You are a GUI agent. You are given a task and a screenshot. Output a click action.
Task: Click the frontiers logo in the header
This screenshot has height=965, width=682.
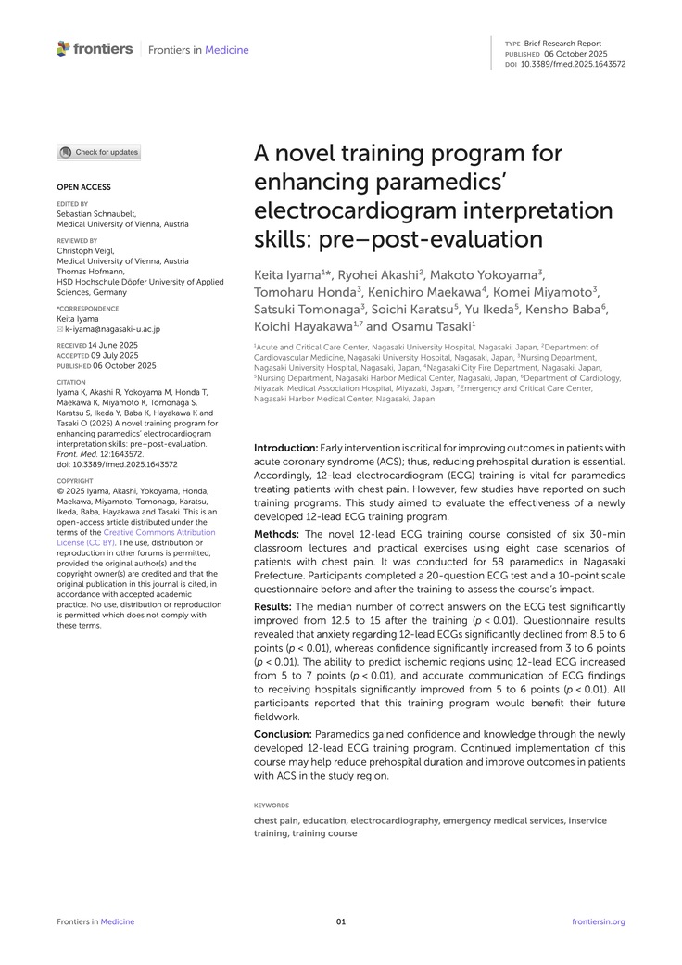95,49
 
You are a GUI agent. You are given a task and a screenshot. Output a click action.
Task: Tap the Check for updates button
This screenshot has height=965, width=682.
99,152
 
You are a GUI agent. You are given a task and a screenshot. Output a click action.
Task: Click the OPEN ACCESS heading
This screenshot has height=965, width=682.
83,187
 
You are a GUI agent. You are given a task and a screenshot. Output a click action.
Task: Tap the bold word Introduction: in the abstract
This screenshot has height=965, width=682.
285,449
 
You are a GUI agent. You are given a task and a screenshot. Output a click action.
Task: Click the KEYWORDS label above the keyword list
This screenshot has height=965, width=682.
271,806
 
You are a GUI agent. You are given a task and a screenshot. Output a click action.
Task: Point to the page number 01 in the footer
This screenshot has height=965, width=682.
341,921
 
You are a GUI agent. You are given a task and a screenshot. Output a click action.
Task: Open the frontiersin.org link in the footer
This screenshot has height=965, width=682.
600,921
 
